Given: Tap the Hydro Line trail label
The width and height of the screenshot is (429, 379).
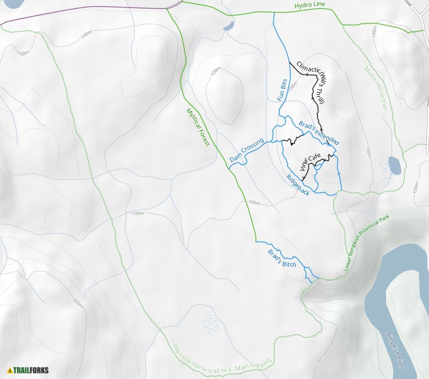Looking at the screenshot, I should (310, 5).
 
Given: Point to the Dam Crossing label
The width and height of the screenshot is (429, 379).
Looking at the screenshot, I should (246, 150).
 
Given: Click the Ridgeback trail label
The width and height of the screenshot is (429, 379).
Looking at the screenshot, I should (297, 184).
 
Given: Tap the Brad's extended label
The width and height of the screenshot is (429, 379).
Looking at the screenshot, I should (318, 133).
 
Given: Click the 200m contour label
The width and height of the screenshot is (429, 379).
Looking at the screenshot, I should (78, 302).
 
